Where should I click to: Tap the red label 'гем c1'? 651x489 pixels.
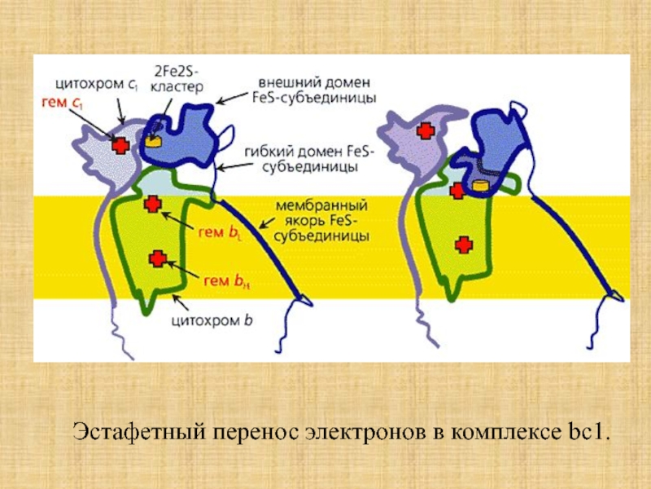point(61,103)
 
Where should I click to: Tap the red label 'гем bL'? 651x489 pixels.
point(219,231)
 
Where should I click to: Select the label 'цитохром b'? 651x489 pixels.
point(212,320)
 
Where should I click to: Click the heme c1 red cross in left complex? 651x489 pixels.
point(120,145)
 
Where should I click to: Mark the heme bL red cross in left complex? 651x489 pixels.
point(151,203)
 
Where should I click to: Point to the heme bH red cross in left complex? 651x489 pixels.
point(158,258)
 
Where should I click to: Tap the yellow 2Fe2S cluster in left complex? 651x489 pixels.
point(152,141)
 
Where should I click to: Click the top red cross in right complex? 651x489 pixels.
point(424,130)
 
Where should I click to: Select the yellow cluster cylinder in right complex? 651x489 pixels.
point(481,185)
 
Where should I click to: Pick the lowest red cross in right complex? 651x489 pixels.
point(462,244)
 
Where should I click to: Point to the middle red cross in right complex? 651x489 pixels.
point(457,192)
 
